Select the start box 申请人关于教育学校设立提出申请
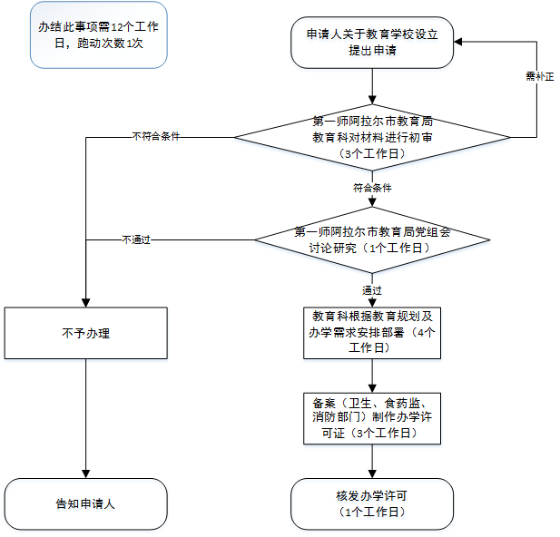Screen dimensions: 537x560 (372, 43)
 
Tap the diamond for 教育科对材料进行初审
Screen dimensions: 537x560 (372, 138)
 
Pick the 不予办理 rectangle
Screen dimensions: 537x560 (85, 333)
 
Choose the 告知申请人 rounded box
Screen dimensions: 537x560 (85, 503)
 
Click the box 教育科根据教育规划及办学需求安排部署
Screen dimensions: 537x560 (372, 333)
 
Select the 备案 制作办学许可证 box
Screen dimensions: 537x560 (372, 417)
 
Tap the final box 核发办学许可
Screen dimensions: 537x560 (372, 503)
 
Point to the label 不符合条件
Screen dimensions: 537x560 (156, 137)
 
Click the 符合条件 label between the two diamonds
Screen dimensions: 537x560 (372, 188)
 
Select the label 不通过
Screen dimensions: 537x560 (136, 239)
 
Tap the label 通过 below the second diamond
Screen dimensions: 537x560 (372, 290)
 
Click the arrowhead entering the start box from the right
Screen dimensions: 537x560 (460, 42)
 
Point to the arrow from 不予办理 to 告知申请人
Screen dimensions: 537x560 (85, 417)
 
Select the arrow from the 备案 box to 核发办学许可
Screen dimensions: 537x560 (372, 461)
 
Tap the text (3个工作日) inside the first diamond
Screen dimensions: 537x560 (372, 154)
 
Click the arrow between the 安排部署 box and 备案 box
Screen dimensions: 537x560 (372, 376)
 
